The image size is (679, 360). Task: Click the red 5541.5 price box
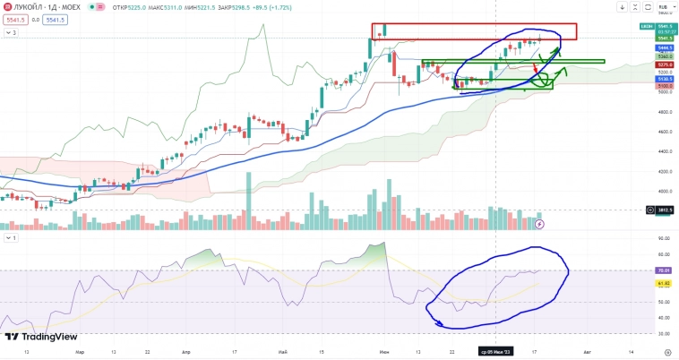(15, 19)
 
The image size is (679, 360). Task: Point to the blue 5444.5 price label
(664, 47)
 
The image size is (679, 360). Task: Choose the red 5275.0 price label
(664, 64)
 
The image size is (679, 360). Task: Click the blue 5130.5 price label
(664, 79)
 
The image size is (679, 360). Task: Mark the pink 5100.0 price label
(664, 86)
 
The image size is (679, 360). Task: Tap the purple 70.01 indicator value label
(664, 270)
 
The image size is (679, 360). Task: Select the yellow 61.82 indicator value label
(664, 283)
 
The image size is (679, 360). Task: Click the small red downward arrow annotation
(537, 67)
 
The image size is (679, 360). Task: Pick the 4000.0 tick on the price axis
(664, 191)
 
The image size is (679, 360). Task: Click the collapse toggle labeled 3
(12, 32)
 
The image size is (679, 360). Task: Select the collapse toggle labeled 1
(12, 238)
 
